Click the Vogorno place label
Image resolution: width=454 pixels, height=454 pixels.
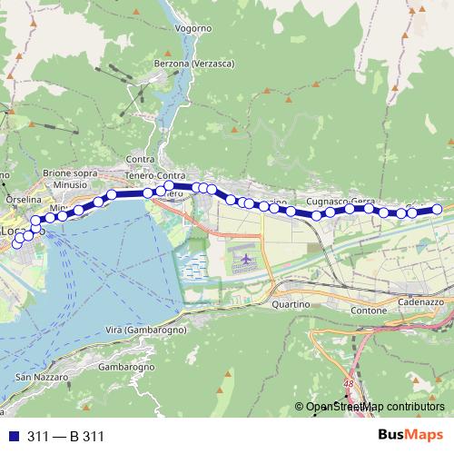pos(192,29)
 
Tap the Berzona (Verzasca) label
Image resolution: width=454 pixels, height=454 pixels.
pos(192,63)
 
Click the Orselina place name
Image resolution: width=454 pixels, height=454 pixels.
pos(23,199)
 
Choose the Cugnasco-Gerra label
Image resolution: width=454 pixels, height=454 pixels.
pos(340,200)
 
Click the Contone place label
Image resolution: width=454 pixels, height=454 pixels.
pos(367,311)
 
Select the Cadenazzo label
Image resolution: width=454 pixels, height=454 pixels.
pos(419,301)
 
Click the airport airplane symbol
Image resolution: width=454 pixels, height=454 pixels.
pos(246,261)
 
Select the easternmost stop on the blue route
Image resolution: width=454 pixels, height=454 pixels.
pos(437,210)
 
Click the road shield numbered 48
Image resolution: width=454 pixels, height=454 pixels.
pos(349,383)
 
